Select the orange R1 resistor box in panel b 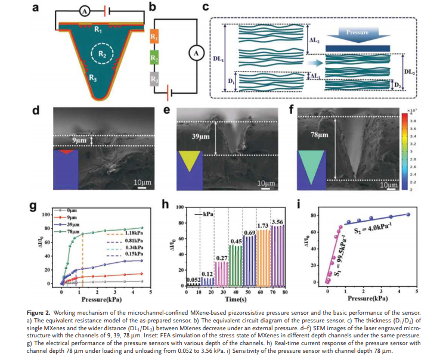[153, 38]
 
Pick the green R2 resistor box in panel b [153, 58]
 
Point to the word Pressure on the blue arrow [358, 32]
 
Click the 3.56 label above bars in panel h [277, 222]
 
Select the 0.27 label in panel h [221, 258]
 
